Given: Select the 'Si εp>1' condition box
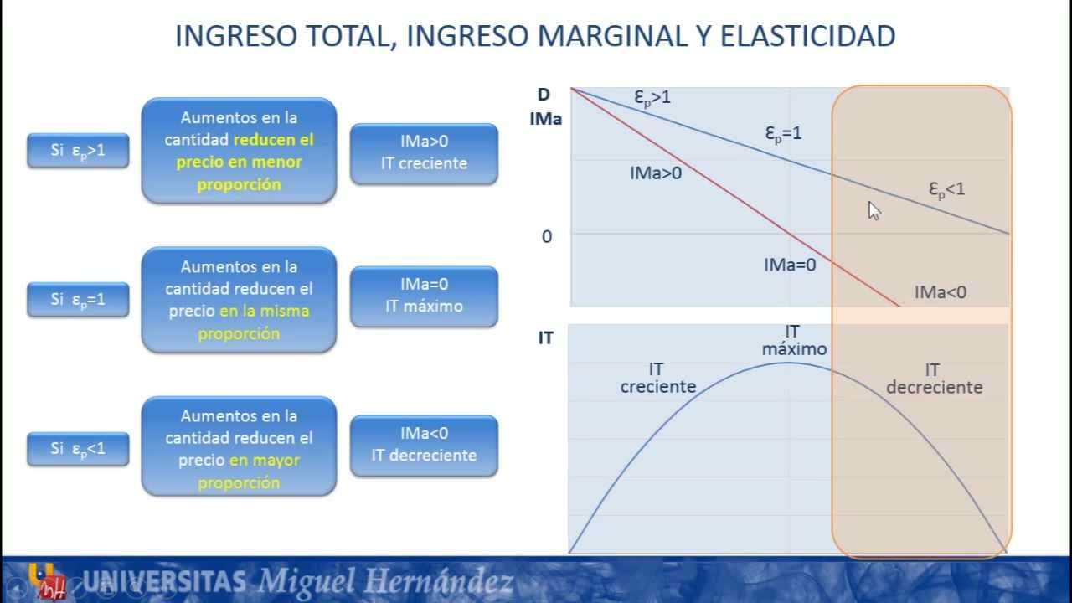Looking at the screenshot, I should (x=78, y=151).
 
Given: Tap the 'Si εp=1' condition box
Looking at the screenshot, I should (x=78, y=299).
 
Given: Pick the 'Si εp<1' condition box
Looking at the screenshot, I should (x=78, y=449).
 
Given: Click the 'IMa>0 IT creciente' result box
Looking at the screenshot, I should (x=424, y=153).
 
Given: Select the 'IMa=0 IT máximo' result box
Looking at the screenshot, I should (x=424, y=296).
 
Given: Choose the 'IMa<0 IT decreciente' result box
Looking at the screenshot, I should (x=424, y=445).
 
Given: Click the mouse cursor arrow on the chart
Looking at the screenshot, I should (x=874, y=209).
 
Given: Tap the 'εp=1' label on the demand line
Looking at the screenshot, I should (x=783, y=133).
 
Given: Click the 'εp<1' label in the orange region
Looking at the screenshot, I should (x=946, y=189).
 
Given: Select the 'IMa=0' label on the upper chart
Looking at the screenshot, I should (x=789, y=265).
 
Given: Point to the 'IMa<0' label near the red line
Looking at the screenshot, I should (x=940, y=292).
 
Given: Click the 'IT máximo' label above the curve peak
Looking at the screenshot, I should (x=793, y=341).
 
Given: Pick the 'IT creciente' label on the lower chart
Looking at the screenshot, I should (x=657, y=378).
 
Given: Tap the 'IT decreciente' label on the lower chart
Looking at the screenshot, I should (x=933, y=379).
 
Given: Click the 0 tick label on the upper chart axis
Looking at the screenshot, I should (x=547, y=237).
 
